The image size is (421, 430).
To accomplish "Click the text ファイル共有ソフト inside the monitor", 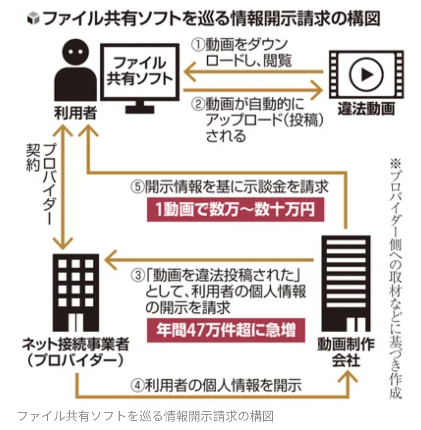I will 140,71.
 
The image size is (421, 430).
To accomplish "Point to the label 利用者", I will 74,113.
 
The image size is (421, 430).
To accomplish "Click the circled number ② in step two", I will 198,105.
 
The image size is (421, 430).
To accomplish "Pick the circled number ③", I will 138,277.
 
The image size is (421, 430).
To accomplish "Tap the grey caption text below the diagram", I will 146,416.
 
